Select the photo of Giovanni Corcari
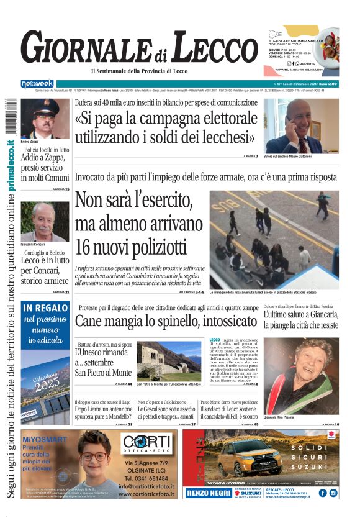click(45, 221)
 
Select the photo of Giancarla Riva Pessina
click(301, 375)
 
